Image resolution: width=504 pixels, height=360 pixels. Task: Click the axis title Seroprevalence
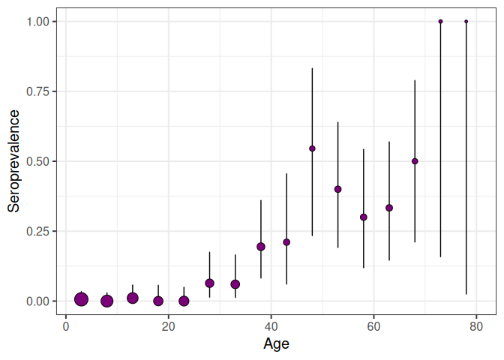(x=13, y=161)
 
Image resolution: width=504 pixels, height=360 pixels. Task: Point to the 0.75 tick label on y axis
(x=41, y=91)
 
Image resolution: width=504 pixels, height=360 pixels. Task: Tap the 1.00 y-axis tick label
(x=41, y=22)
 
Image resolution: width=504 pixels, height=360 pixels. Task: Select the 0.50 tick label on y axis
(x=41, y=161)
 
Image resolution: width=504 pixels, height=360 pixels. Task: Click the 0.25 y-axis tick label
(x=41, y=231)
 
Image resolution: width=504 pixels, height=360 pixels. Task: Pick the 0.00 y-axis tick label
(x=41, y=301)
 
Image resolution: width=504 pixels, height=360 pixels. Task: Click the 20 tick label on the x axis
(x=168, y=326)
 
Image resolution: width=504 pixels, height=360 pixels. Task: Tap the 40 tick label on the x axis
(x=271, y=326)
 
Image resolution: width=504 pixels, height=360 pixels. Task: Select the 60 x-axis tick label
(x=373, y=326)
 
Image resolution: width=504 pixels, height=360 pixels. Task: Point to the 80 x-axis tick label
(x=475, y=326)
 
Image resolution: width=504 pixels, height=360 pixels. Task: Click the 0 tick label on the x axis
(x=66, y=326)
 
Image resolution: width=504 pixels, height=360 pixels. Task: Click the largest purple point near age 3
(x=82, y=299)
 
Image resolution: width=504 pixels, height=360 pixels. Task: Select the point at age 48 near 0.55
(x=312, y=148)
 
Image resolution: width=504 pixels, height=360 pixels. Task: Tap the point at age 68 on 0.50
(x=415, y=161)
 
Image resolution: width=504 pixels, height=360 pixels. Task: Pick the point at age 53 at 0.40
(x=337, y=189)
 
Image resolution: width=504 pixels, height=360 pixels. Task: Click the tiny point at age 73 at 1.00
(x=440, y=22)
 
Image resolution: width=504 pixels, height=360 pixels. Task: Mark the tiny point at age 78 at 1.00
(x=466, y=22)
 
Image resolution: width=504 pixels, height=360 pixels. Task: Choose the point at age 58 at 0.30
(x=364, y=217)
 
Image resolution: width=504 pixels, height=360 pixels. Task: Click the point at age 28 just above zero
(x=209, y=283)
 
